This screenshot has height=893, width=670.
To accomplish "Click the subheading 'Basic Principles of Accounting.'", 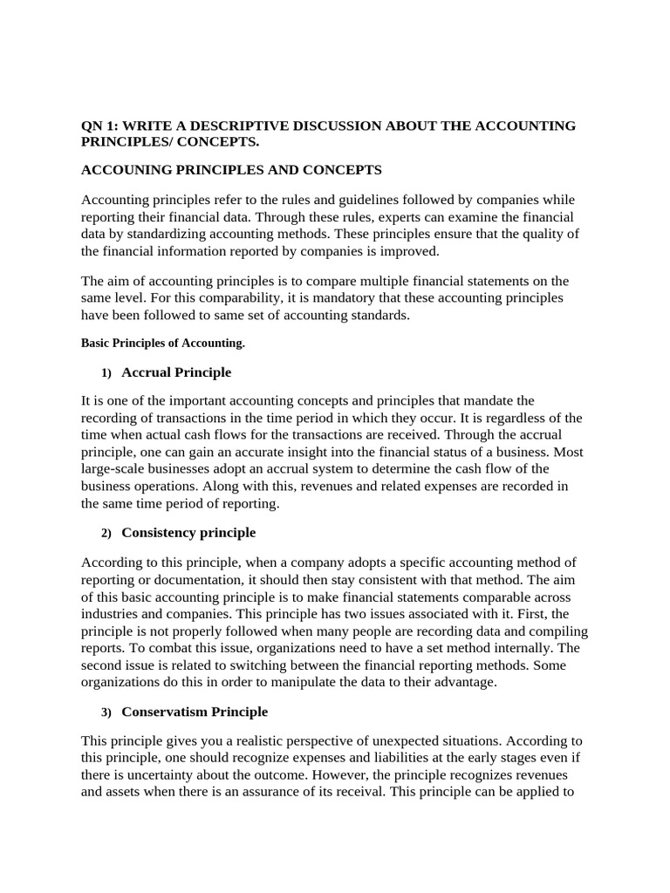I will (163, 344).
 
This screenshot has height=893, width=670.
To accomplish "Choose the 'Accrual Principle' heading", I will (176, 372).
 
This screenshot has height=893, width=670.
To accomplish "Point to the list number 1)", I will (106, 373).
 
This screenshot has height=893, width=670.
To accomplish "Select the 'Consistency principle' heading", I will (188, 532).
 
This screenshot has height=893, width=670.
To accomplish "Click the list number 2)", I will (106, 533).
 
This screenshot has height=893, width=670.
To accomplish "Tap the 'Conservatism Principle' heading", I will (195, 712).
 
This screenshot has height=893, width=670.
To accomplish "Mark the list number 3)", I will (106, 712).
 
